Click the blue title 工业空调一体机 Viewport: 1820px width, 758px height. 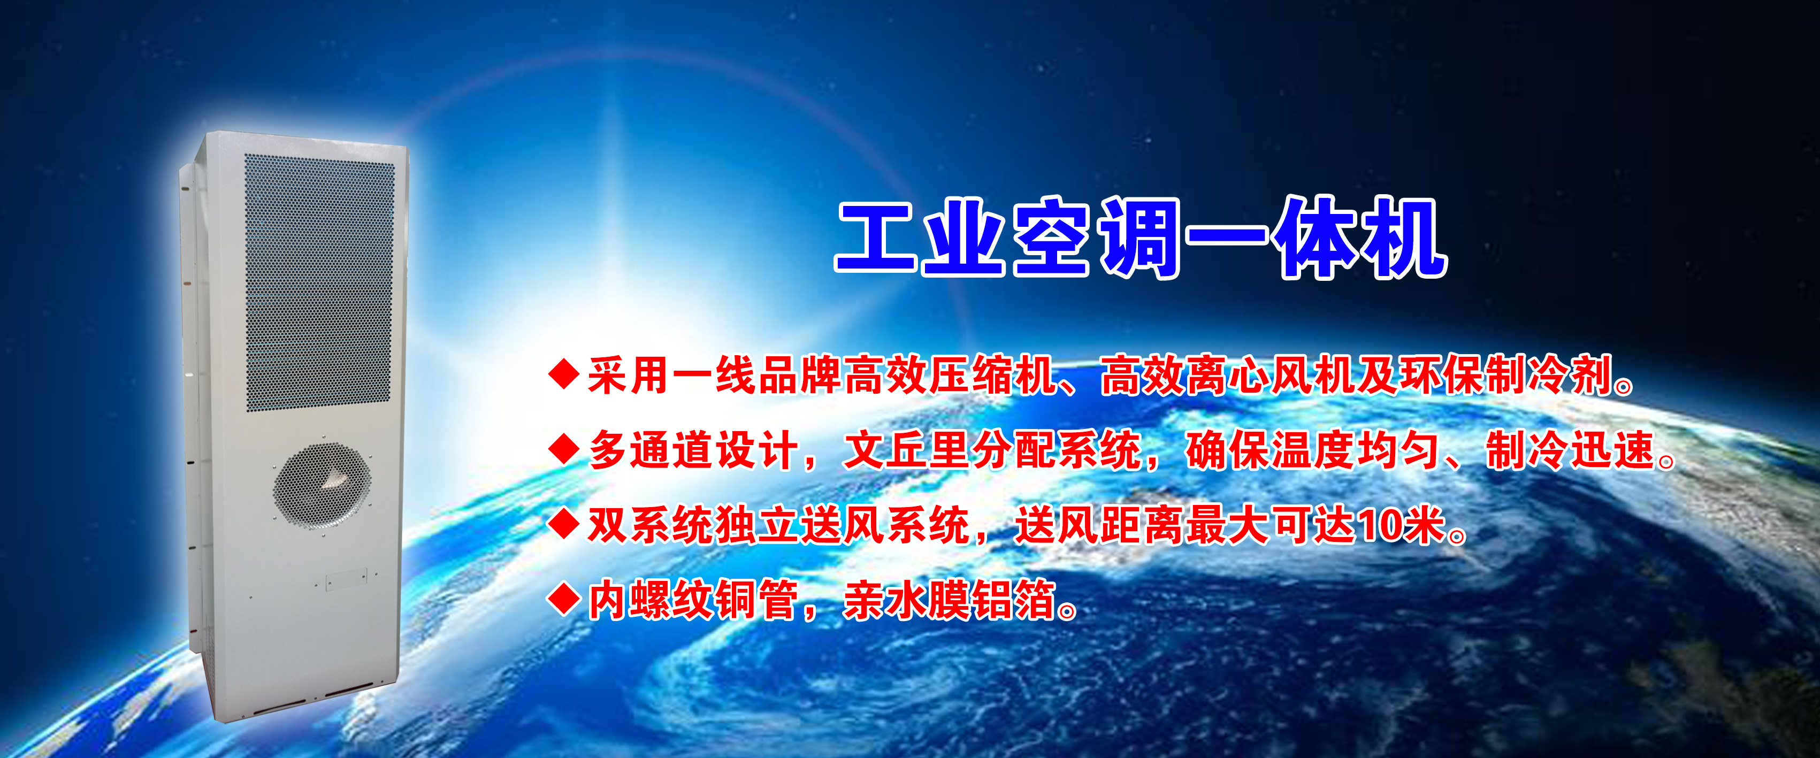pos(1141,238)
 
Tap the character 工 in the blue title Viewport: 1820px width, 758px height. pos(877,238)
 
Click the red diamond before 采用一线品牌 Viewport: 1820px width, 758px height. pos(564,374)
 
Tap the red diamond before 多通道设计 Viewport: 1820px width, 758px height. pos(564,449)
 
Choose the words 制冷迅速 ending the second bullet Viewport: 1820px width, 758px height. pos(1571,450)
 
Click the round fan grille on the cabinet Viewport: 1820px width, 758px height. pos(322,485)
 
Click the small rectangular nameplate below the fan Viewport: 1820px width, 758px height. pos(346,579)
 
